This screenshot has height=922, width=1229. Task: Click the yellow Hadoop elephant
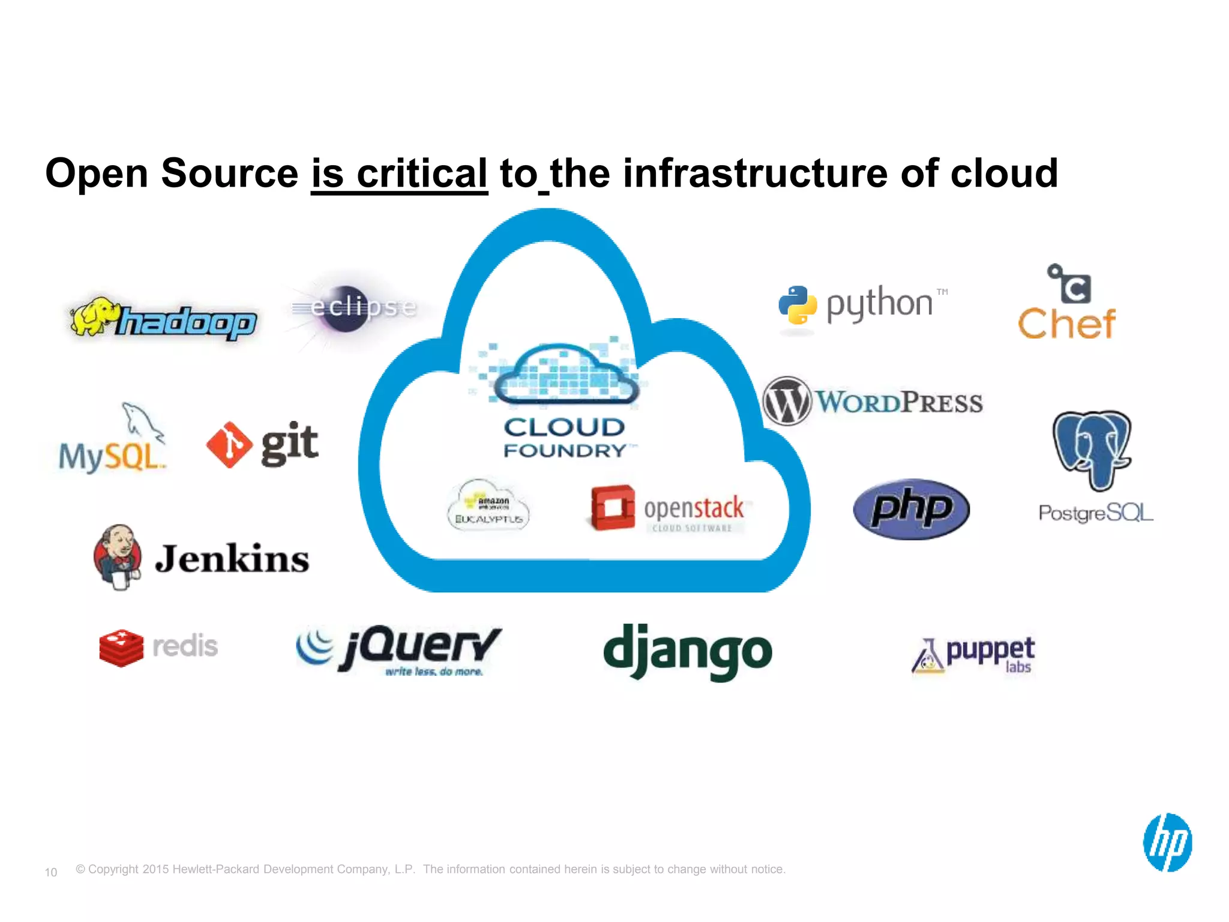(91, 316)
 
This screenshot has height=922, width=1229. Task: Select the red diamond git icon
(229, 445)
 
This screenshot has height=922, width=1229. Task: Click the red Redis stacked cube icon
(121, 648)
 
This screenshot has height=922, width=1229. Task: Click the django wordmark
(687, 651)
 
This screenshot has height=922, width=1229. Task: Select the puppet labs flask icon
(928, 657)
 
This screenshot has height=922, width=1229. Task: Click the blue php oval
(911, 509)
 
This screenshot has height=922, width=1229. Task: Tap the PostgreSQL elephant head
(1092, 447)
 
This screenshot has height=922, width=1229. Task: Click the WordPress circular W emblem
(787, 401)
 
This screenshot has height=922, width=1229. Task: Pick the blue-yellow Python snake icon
(798, 305)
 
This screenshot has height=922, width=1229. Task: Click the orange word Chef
(1066, 324)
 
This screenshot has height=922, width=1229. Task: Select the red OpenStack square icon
(612, 508)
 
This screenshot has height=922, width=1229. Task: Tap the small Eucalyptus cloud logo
(488, 505)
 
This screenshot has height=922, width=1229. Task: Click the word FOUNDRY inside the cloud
(565, 451)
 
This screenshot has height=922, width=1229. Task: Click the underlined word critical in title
(421, 173)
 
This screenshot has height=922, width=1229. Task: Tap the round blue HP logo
(1167, 842)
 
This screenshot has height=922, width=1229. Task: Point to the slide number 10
(51, 872)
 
